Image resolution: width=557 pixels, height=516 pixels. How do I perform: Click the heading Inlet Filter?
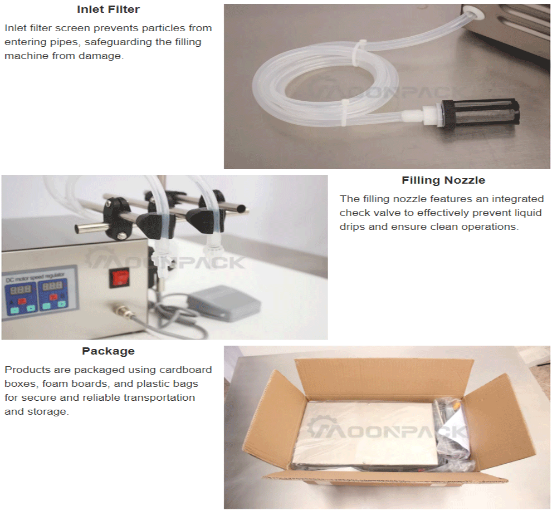(108, 9)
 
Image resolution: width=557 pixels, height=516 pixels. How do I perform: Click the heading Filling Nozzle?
(443, 180)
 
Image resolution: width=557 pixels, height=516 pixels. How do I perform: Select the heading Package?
(108, 351)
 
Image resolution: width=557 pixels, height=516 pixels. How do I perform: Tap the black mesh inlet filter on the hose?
(480, 114)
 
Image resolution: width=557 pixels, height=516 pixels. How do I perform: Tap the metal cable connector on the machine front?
(121, 310)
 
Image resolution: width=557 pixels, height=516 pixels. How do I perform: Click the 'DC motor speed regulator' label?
(35, 277)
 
